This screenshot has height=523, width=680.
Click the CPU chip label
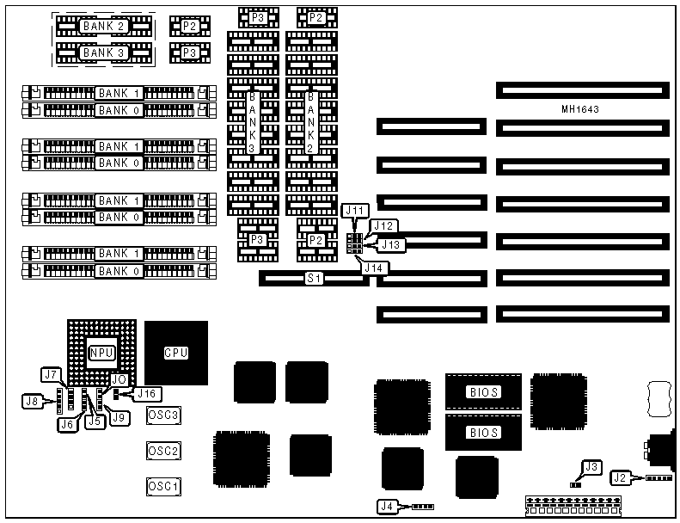click(x=176, y=353)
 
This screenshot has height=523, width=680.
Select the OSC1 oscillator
click(x=163, y=487)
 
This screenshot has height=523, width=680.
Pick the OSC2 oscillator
click(x=163, y=451)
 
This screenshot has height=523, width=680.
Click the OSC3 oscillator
click(x=163, y=415)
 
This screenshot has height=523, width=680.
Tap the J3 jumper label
click(x=590, y=467)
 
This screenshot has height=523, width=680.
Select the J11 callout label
click(x=355, y=210)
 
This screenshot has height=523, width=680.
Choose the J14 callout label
click(x=373, y=268)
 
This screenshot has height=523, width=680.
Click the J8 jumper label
click(x=33, y=400)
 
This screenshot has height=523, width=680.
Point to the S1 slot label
click(x=315, y=279)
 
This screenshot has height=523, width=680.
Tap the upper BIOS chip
click(x=483, y=392)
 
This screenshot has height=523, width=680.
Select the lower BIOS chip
click(x=483, y=433)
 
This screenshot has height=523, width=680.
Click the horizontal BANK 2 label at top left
click(x=103, y=27)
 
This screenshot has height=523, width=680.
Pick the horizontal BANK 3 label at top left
click(x=103, y=53)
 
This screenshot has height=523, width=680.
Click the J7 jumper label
click(x=51, y=375)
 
